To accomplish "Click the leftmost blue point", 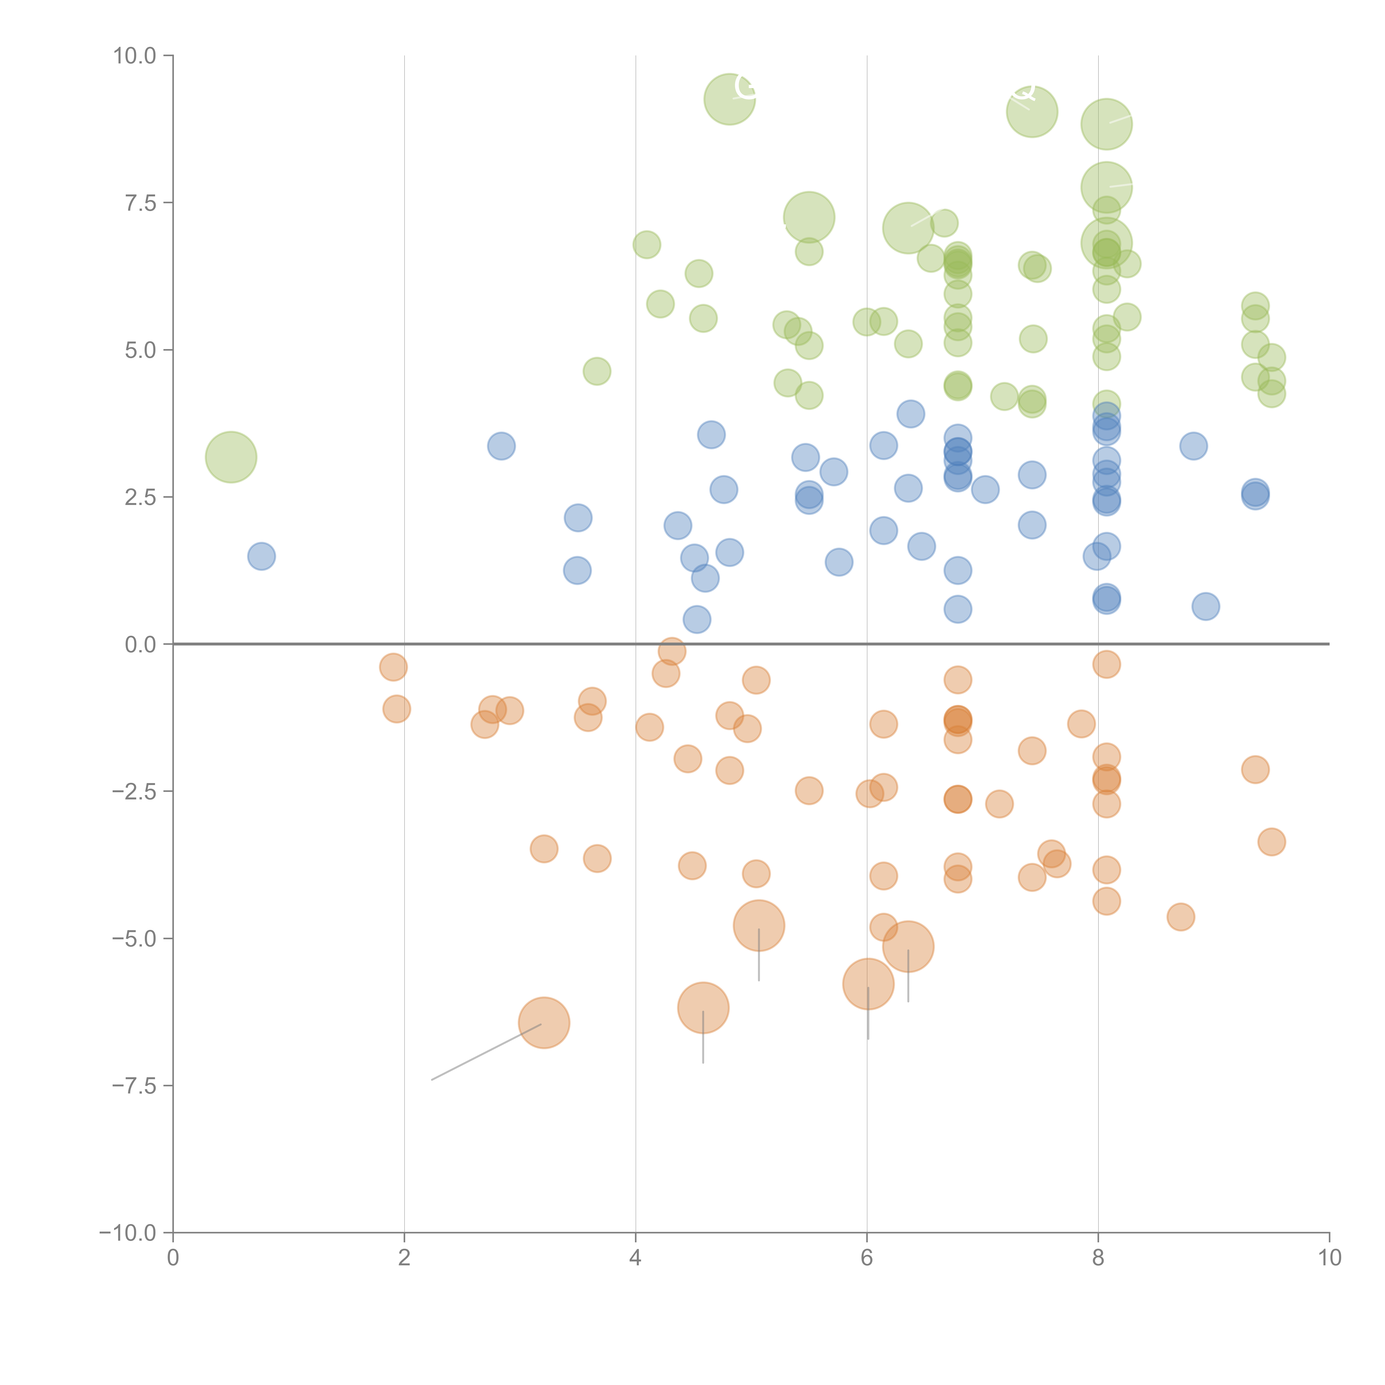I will point(262,556).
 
